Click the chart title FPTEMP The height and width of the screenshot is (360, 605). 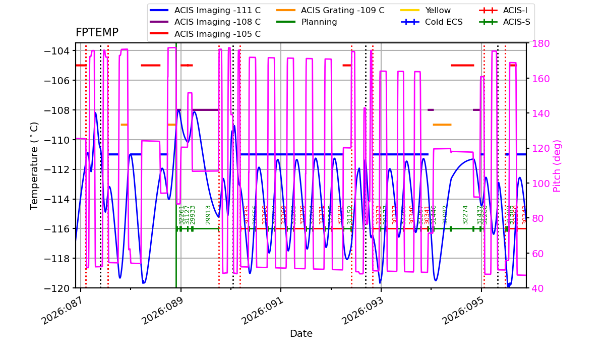[x=97, y=33]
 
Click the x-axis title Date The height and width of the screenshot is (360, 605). [x=301, y=334]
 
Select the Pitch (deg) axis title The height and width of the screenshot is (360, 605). [x=557, y=165]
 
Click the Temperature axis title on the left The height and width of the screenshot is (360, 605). [x=34, y=165]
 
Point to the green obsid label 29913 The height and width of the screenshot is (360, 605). [x=208, y=214]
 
